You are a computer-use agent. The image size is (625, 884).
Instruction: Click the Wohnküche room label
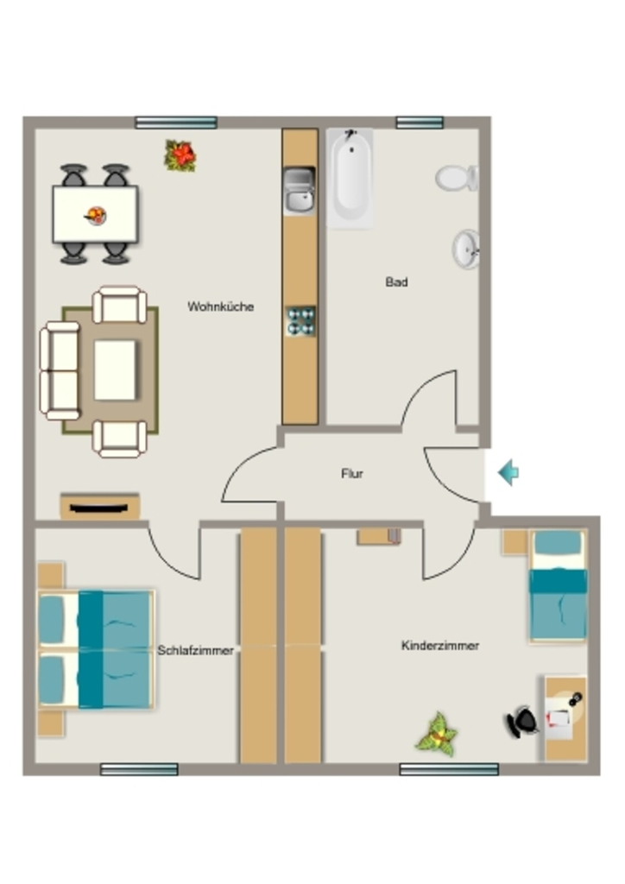[x=220, y=306]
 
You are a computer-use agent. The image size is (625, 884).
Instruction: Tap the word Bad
[x=396, y=282]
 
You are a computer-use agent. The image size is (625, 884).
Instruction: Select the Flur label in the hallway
[x=351, y=474]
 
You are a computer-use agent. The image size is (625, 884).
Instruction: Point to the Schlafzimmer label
[x=195, y=651]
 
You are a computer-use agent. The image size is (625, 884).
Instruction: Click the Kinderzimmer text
[x=440, y=646]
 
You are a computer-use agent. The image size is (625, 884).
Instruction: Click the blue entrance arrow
[x=508, y=472]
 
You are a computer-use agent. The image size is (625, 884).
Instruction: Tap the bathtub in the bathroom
[x=350, y=178]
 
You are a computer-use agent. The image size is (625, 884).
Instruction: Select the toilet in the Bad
[x=457, y=178]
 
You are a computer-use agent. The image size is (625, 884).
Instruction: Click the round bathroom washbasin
[x=466, y=249]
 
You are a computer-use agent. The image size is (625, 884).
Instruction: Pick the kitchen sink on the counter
[x=299, y=191]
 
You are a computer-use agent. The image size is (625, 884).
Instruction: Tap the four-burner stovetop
[x=300, y=321]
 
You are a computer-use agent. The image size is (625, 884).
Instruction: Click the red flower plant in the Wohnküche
[x=180, y=155]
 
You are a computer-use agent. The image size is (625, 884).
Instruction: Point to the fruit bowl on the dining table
[x=96, y=215]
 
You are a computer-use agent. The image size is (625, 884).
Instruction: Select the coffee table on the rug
[x=115, y=369]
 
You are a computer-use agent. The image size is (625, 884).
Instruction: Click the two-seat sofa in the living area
[x=60, y=370]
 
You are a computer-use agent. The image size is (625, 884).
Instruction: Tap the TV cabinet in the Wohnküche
[x=100, y=507]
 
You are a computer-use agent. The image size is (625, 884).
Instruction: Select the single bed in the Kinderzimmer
[x=558, y=586]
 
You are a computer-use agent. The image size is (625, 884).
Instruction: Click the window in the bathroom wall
[x=420, y=123]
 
